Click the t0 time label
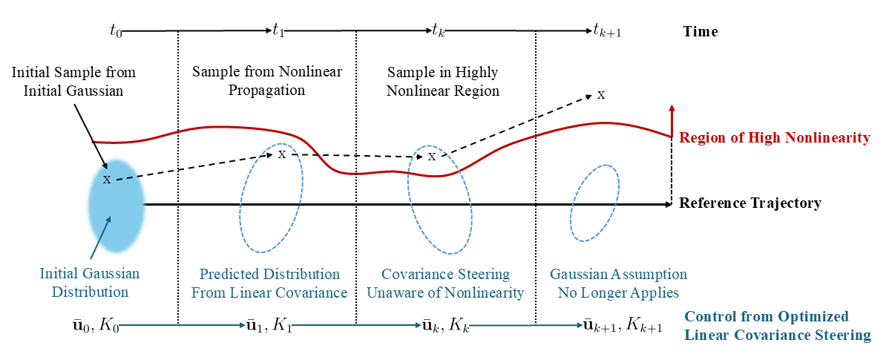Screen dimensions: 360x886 point(115,31)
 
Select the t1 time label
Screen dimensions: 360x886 point(278,31)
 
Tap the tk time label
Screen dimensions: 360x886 point(438,31)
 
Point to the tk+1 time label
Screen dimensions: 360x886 point(607,31)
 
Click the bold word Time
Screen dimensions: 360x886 point(700,32)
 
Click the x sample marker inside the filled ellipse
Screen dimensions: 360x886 point(107,180)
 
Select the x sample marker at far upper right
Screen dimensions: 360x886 point(601,95)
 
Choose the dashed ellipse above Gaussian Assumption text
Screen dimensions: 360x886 point(594,203)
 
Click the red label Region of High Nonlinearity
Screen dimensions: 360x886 point(774,137)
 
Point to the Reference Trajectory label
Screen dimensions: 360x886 point(750,203)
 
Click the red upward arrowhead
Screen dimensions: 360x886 point(672,109)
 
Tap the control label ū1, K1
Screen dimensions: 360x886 point(268,324)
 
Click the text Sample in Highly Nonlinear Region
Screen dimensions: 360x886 point(443,82)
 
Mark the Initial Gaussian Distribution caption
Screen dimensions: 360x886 point(90,283)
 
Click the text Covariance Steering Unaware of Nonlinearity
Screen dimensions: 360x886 point(444,283)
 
